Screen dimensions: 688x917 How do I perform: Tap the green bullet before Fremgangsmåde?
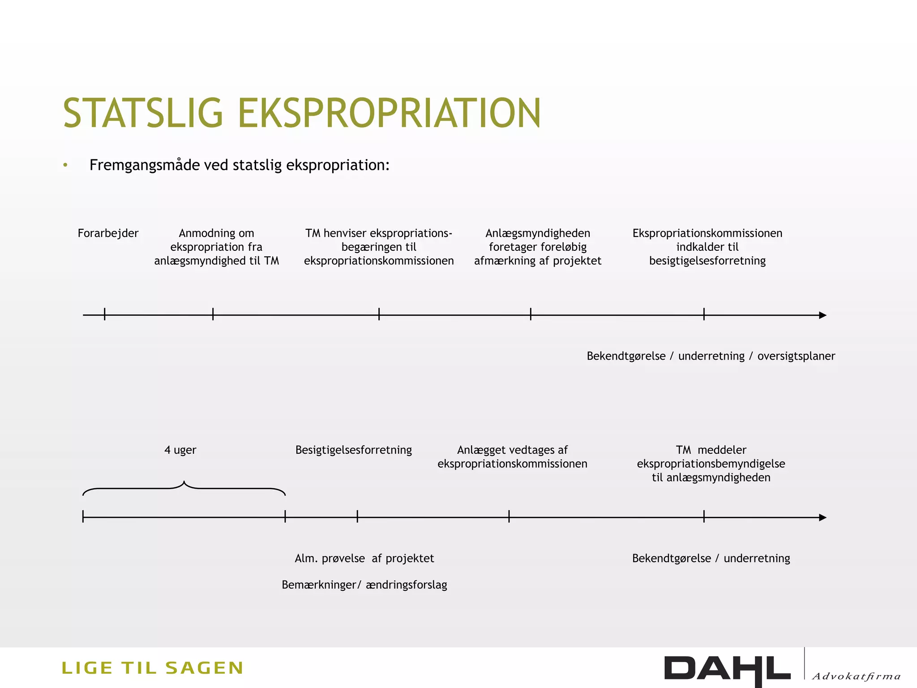tap(65, 165)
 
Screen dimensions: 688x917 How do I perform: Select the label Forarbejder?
tap(108, 233)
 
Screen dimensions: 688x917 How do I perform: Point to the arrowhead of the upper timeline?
tap(823, 315)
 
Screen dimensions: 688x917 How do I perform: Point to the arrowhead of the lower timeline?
tap(823, 518)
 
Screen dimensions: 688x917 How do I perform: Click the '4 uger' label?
tap(180, 450)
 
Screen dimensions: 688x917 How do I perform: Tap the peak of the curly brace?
tap(184, 482)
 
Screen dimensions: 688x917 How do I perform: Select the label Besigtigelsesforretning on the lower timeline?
tap(353, 450)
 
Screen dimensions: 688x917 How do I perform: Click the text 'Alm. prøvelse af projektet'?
tap(364, 559)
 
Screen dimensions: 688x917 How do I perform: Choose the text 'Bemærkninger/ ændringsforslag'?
tap(364, 585)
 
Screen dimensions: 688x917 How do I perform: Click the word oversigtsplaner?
tap(796, 356)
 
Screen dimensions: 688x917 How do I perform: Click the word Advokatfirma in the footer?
tap(856, 676)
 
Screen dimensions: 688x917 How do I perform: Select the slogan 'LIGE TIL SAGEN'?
tap(152, 668)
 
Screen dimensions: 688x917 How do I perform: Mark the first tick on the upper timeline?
tap(105, 314)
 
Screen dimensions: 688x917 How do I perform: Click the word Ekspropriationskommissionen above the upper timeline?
tap(707, 233)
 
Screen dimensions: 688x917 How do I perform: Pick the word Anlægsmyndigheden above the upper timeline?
tap(538, 233)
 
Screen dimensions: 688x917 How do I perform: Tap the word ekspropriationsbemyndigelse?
tap(711, 464)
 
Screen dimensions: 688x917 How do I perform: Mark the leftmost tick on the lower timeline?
tap(83, 517)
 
